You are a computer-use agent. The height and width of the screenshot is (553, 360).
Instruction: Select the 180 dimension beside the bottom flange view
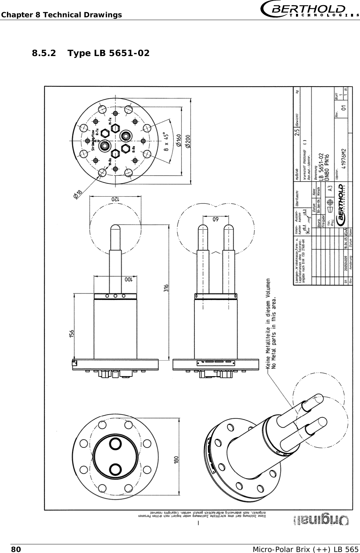[x=177, y=462]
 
